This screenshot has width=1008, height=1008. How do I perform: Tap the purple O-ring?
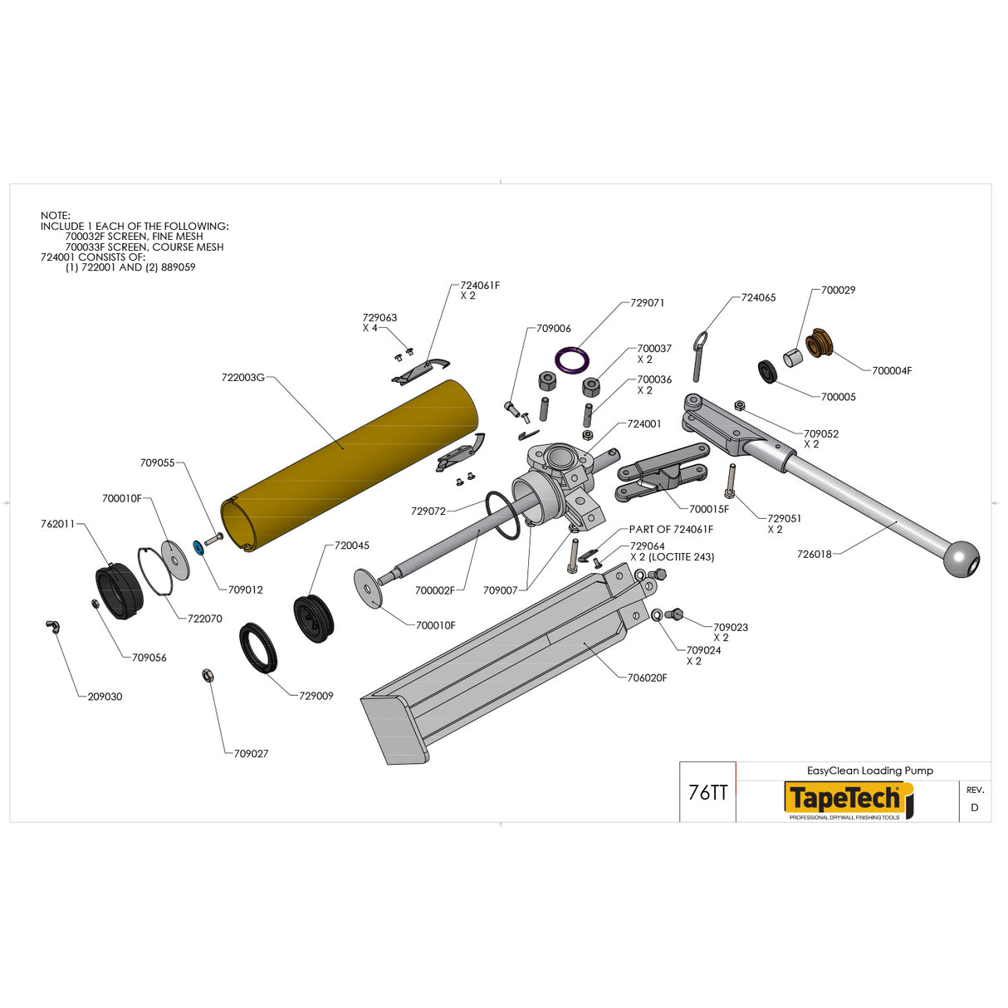[572, 360]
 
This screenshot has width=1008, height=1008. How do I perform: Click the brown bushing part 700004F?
[820, 342]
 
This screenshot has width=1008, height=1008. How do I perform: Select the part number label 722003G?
[242, 378]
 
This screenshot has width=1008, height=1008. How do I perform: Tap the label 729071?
[647, 303]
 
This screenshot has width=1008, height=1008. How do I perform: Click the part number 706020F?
[647, 678]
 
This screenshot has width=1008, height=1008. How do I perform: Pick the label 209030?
[105, 697]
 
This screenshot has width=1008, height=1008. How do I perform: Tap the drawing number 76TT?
[707, 793]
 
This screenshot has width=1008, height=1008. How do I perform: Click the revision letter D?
[974, 807]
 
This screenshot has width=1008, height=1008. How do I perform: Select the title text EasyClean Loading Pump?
[869, 771]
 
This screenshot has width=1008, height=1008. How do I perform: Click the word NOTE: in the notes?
[56, 215]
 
